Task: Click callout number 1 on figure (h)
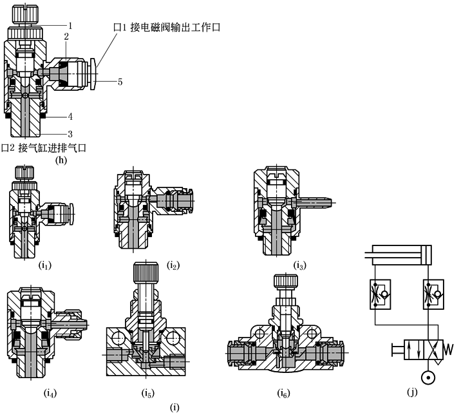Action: (72, 24)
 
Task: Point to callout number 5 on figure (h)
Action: (120, 81)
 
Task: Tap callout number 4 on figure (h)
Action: (70, 117)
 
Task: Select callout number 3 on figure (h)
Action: (70, 133)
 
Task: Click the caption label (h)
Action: (62, 160)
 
